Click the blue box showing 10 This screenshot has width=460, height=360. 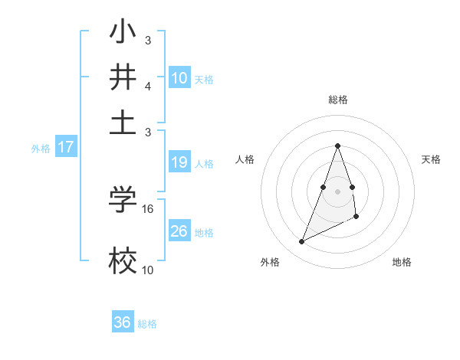coord(179,78)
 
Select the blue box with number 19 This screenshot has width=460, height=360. coord(179,162)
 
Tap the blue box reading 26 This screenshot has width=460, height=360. coord(179,231)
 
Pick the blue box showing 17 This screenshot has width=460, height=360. coord(66,147)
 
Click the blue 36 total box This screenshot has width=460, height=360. coord(123,322)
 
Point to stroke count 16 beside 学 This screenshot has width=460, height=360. coord(148,208)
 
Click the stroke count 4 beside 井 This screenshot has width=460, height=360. coord(147,86)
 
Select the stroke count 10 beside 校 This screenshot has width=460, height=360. coord(148,270)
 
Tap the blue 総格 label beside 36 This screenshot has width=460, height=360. coord(147,324)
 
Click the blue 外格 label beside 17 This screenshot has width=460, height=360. coord(41,149)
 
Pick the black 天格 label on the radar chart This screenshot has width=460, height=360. coord(431,159)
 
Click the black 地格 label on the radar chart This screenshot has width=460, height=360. coord(402,262)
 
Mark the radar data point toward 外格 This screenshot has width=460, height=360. coord(302,242)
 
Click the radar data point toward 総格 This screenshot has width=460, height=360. coord(338,146)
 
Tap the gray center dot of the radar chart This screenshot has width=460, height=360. coord(338,191)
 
